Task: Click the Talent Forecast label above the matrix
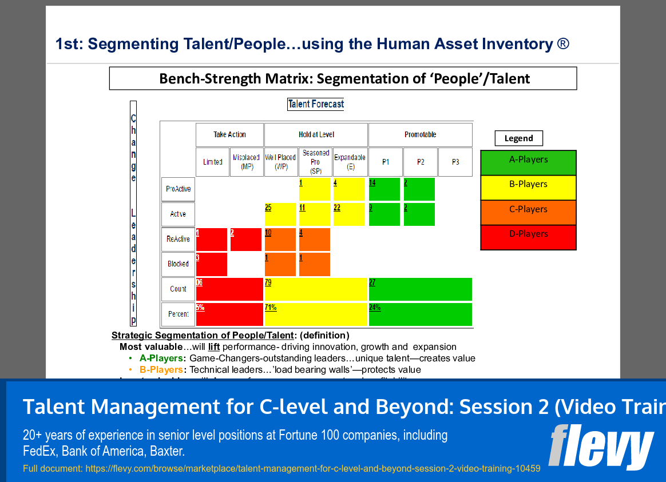pyautogui.click(x=316, y=104)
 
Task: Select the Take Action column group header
pyautogui.click(x=229, y=135)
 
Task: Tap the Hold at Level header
pyautogui.click(x=316, y=135)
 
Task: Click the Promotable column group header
pyautogui.click(x=420, y=135)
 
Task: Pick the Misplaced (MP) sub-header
pyautogui.click(x=247, y=162)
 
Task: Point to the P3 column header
pyautogui.click(x=455, y=162)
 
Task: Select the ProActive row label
pyautogui.click(x=178, y=189)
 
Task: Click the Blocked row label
pyautogui.click(x=178, y=264)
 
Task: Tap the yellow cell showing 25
pyautogui.click(x=280, y=214)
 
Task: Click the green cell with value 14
pyautogui.click(x=384, y=189)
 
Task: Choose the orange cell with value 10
pyautogui.click(x=280, y=240)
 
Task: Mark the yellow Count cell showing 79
pyautogui.click(x=315, y=289)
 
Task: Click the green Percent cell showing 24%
pyautogui.click(x=420, y=314)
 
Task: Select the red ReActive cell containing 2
pyautogui.click(x=245, y=240)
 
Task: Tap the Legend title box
pyautogui.click(x=518, y=138)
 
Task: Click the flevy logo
pyautogui.click(x=600, y=447)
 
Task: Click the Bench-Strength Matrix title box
pyautogui.click(x=343, y=78)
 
